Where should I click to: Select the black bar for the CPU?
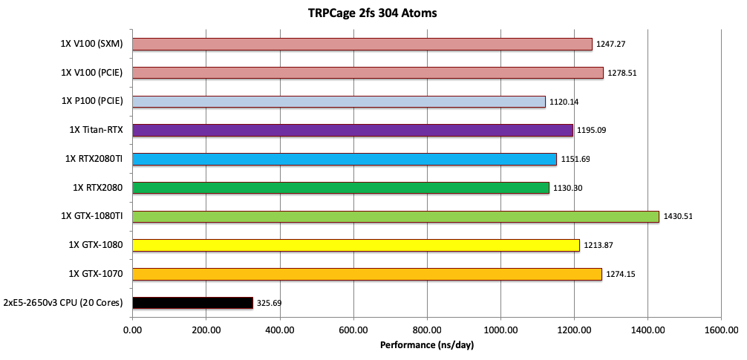(x=192, y=303)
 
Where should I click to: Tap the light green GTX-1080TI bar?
(x=395, y=217)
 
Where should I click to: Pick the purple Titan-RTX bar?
(x=352, y=131)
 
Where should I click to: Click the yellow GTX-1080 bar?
(x=356, y=245)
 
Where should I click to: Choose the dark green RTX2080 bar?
(x=340, y=188)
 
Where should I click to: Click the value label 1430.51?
(x=678, y=217)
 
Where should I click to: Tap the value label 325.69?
(x=270, y=303)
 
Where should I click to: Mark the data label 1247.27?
(x=611, y=45)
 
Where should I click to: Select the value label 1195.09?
(x=592, y=131)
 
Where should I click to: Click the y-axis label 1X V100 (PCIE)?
(x=92, y=73)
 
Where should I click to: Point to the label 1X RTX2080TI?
(x=94, y=159)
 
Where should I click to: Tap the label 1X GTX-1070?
(x=96, y=274)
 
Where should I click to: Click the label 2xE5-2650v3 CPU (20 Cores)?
(x=63, y=303)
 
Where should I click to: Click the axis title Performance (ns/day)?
(x=426, y=345)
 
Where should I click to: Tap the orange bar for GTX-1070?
(x=367, y=274)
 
